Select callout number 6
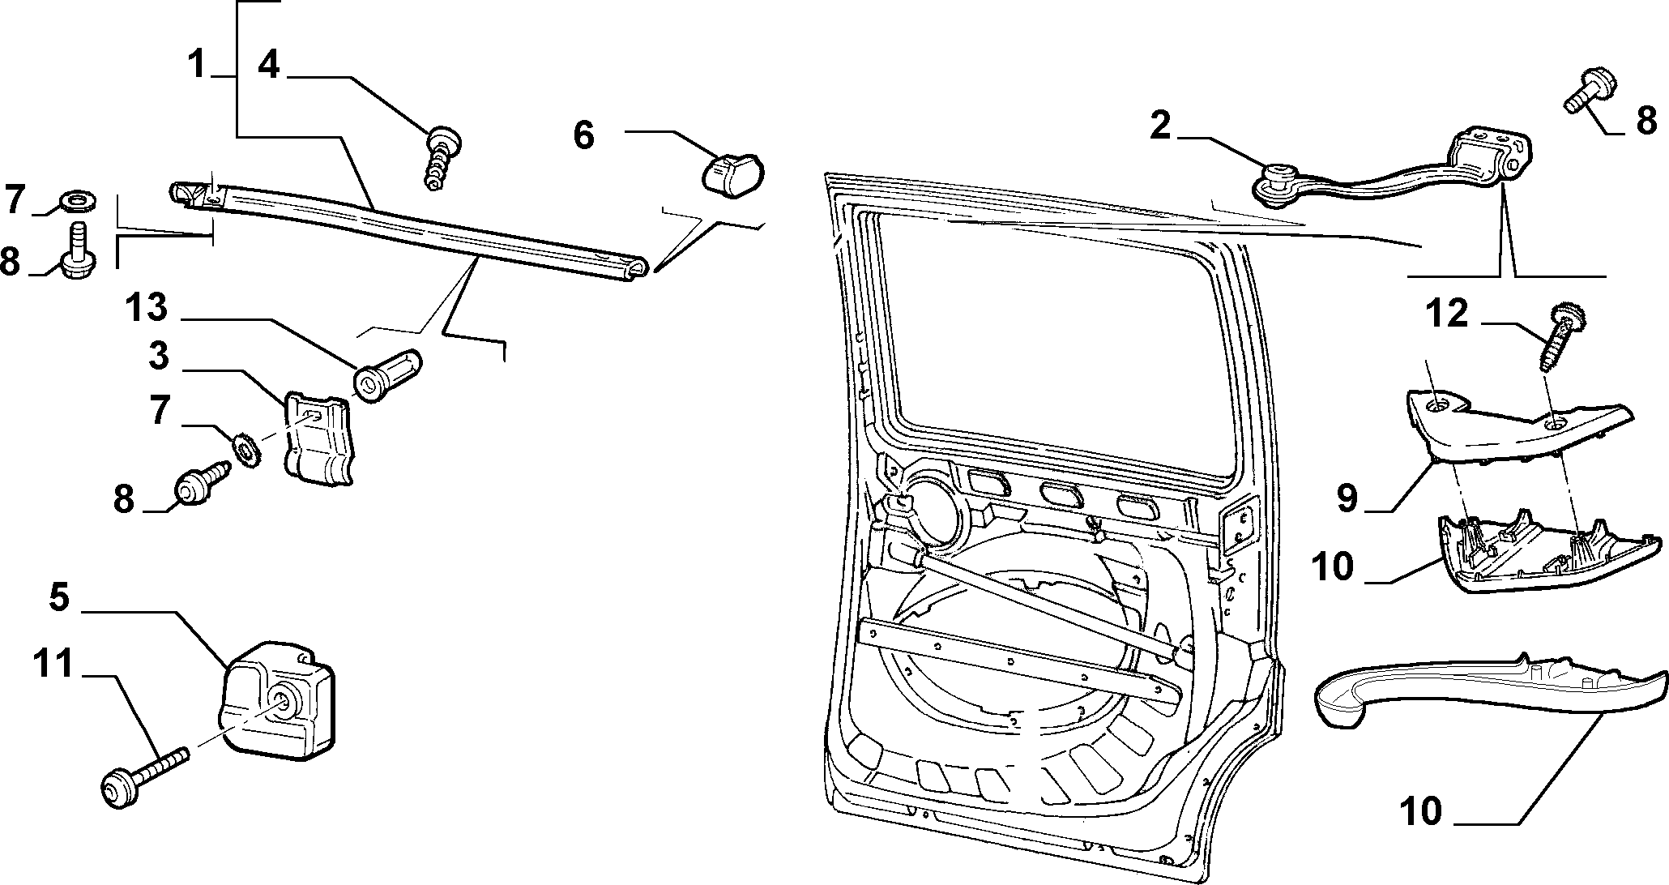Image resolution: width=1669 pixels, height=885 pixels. pos(583,135)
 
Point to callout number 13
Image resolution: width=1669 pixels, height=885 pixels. pos(146,308)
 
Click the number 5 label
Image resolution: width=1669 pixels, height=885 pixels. pos(59,597)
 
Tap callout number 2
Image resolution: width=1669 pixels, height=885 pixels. pos(1160,126)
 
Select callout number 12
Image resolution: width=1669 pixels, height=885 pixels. pos(1449,313)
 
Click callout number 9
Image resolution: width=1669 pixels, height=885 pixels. pos(1347,498)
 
